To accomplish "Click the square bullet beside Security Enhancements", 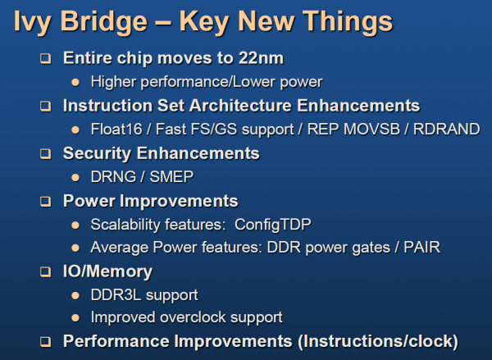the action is pyautogui.click(x=45, y=154).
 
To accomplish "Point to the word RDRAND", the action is pyautogui.click(x=447, y=129).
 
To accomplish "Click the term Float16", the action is pyautogui.click(x=116, y=129).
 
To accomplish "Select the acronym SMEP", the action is pyautogui.click(x=171, y=176).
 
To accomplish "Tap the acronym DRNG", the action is pyautogui.click(x=113, y=176).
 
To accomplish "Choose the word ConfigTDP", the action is pyautogui.click(x=273, y=225).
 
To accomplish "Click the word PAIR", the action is pyautogui.click(x=421, y=248).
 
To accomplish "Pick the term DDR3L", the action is pyautogui.click(x=116, y=294).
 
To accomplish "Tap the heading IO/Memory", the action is pyautogui.click(x=107, y=271).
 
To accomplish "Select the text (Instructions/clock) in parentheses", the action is pyautogui.click(x=378, y=341).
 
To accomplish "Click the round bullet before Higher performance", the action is pyautogui.click(x=75, y=82).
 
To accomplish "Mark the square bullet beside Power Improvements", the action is pyautogui.click(x=45, y=201).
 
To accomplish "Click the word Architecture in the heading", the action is pyautogui.click(x=240, y=106).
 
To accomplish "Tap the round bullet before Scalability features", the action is pyautogui.click(x=75, y=225).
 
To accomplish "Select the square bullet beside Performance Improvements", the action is pyautogui.click(x=45, y=341).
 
